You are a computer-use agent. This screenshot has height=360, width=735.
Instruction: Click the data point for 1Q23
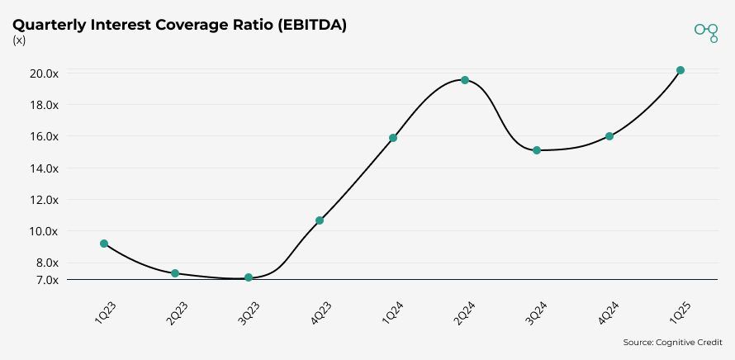103,244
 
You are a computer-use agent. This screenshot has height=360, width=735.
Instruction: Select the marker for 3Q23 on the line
248,277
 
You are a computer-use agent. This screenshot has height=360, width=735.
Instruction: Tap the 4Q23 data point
320,220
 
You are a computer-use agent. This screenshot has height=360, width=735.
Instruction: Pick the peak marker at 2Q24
465,80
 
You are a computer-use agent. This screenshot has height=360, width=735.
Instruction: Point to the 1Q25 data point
680,70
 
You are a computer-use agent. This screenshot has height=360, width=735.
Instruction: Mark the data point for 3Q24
537,150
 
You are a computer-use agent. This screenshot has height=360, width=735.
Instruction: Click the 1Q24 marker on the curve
393,138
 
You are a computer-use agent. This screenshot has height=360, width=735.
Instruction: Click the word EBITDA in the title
309,26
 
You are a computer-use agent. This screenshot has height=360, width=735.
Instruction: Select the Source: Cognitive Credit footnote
672,342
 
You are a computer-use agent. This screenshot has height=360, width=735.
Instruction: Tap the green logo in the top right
706,31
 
